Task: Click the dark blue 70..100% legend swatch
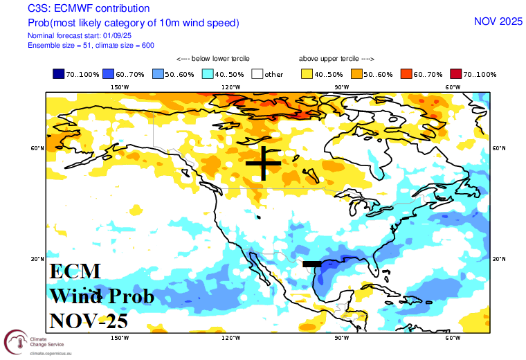[59, 74]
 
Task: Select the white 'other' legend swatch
[258, 74]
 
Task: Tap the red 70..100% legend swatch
[456, 74]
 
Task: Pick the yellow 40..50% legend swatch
[307, 74]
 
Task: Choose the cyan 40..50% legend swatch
[208, 74]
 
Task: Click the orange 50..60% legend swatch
[356, 74]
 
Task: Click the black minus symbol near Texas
[312, 264]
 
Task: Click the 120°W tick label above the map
[231, 87]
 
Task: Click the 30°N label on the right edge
[499, 260]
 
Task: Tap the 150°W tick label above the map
[120, 87]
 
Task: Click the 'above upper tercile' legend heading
[336, 59]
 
